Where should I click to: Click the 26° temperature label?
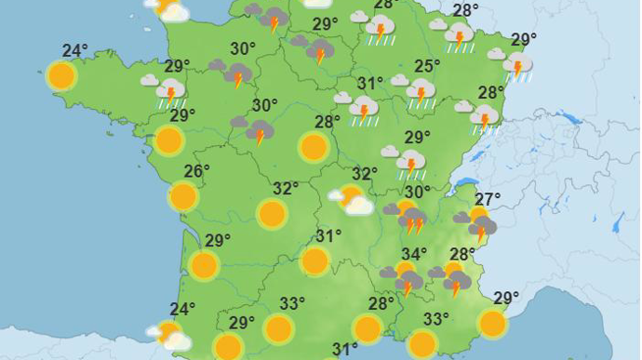click(x=196, y=171)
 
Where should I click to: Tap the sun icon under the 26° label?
click(x=183, y=196)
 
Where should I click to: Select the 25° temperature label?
click(x=427, y=67)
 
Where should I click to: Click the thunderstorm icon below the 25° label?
click(x=419, y=92)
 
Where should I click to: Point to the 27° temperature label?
click(x=488, y=198)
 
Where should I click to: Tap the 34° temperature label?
click(x=414, y=254)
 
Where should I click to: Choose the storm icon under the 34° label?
click(x=405, y=277)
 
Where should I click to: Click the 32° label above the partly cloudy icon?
click(x=364, y=174)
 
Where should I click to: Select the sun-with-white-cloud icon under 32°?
click(x=352, y=198)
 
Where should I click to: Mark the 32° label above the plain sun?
click(x=286, y=189)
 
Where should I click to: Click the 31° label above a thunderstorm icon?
click(x=370, y=84)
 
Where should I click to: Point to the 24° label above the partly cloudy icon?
click(x=182, y=310)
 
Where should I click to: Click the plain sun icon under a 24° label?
click(x=61, y=75)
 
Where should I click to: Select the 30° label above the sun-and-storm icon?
click(x=417, y=193)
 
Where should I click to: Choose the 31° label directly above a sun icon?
click(x=328, y=236)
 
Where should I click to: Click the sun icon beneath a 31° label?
click(x=315, y=261)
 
